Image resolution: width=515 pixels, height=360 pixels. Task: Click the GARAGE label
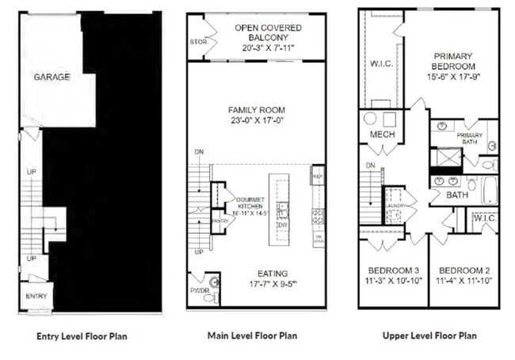pyautogui.click(x=51, y=77)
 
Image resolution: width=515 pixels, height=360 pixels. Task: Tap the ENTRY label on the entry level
pyautogui.click(x=36, y=297)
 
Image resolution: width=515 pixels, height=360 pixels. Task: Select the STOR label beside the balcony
pyautogui.click(x=198, y=41)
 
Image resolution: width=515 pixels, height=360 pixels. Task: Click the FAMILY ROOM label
pyautogui.click(x=256, y=109)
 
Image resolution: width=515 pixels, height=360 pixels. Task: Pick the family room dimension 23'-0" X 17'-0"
pyautogui.click(x=256, y=121)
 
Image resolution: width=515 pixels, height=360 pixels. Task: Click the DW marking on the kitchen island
pyautogui.click(x=281, y=224)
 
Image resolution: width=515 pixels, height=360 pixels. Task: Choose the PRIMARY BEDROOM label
pyautogui.click(x=452, y=61)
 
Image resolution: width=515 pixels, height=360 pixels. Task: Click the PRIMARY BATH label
pyautogui.click(x=469, y=136)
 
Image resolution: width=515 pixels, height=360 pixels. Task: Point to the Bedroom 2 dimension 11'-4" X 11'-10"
pyautogui.click(x=464, y=280)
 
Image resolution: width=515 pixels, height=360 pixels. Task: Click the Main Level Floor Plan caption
pyautogui.click(x=252, y=335)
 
